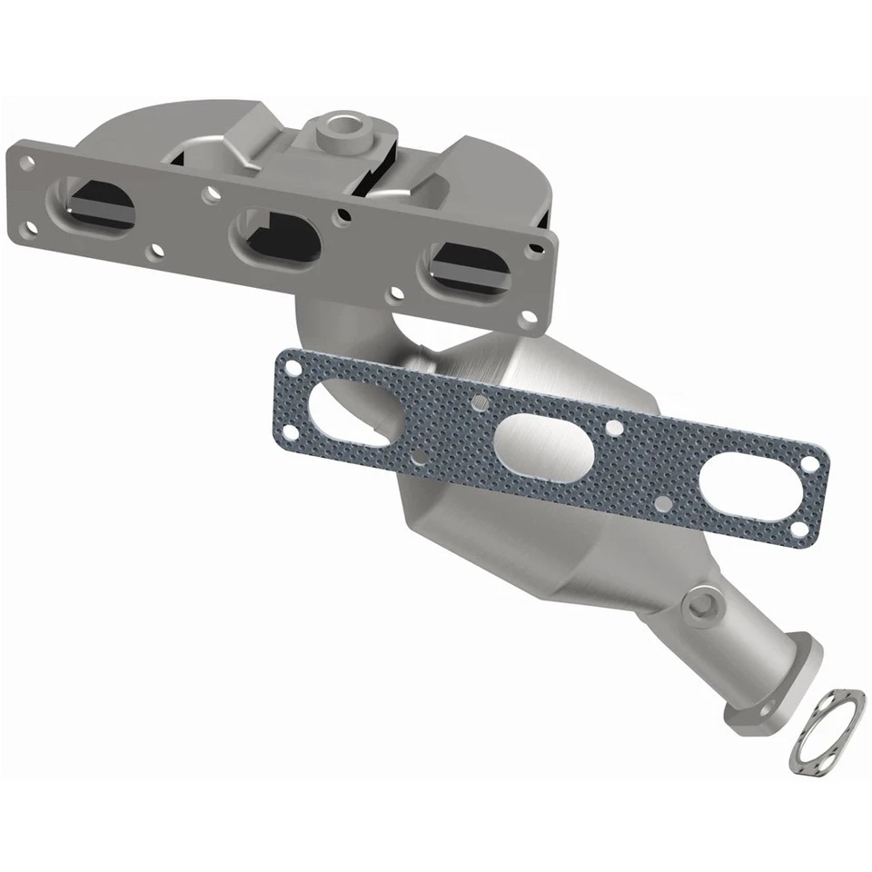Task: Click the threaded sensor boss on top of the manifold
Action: click(x=344, y=127)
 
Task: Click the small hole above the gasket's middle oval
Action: click(x=474, y=401)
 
